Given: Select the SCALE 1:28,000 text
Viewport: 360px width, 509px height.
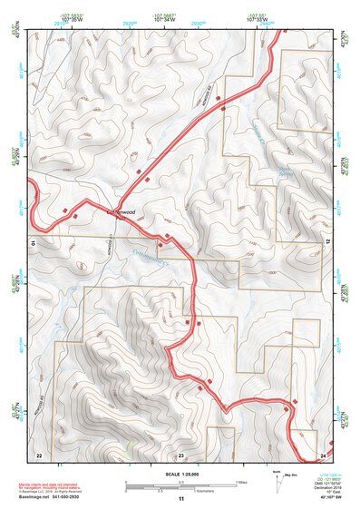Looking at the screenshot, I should (x=180, y=473).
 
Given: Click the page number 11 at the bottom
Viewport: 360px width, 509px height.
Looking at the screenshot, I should (x=180, y=499).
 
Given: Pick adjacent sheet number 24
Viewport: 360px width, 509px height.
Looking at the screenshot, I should (x=324, y=453).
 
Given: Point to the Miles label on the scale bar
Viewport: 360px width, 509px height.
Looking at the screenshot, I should (x=240, y=481).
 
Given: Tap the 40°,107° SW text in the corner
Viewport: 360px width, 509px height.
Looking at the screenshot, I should (x=325, y=500).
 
